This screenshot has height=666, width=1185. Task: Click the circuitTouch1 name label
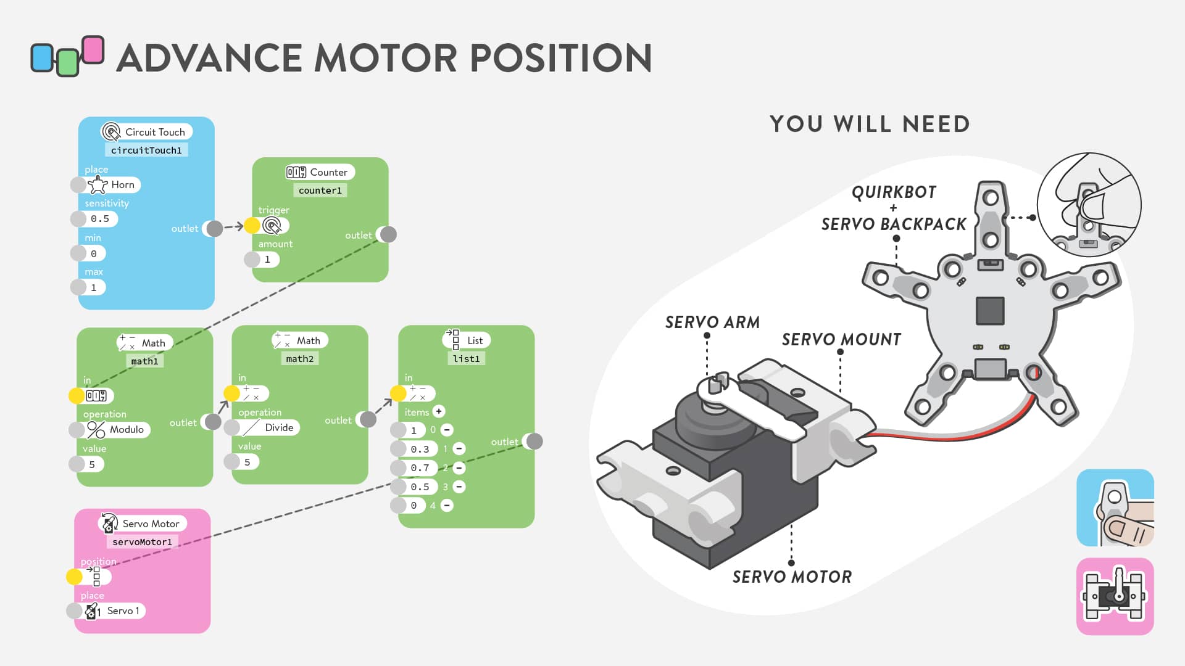pos(146,150)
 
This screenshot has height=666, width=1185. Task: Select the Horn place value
pos(114,184)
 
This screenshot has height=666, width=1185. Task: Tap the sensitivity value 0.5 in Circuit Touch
pos(99,219)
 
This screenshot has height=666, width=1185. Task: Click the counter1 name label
pos(320,191)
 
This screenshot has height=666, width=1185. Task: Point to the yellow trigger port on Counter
pos(252,226)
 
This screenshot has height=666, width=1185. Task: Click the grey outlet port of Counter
pos(388,234)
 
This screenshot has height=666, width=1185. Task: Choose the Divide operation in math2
pos(269,427)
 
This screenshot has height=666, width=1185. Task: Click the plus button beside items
pos(439,411)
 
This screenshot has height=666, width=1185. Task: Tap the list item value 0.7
pos(420,468)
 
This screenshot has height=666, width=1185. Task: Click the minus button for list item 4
pos(447,506)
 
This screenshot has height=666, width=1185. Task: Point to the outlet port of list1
pos(534,442)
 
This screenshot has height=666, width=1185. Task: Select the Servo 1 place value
pos(114,610)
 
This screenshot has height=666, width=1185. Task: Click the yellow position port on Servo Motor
pos(74,577)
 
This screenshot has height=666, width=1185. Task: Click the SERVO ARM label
pos(712,323)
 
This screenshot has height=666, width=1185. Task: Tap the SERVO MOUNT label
pos(841,340)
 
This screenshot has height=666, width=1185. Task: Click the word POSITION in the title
pos(561,58)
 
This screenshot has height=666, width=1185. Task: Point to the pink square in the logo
pos(93,49)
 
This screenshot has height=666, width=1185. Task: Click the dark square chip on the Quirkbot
pos(990,311)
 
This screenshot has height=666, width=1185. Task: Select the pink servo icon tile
pos(1115,596)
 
